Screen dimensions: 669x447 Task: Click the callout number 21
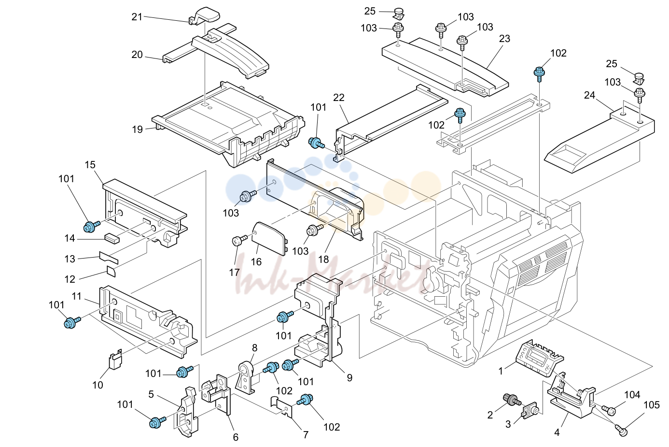[x=137, y=17]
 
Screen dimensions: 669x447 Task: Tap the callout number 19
[x=138, y=130]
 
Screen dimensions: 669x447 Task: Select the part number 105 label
[x=651, y=405]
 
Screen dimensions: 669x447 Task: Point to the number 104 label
[x=632, y=395]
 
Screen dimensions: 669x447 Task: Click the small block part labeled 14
[x=111, y=239]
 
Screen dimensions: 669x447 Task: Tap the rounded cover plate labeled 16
[x=269, y=238]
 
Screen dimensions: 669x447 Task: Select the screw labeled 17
[x=239, y=240]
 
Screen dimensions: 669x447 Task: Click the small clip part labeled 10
[x=115, y=360]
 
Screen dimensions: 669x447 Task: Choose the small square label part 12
[x=111, y=272]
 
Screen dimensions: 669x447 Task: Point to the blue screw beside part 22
[x=316, y=143]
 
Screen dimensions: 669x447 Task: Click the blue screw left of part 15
[x=91, y=226]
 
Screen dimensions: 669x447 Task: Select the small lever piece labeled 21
[x=205, y=15]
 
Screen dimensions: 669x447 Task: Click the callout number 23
[x=504, y=39]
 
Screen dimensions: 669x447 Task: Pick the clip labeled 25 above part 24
[x=639, y=78]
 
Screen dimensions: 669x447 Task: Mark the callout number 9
[x=349, y=378]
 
